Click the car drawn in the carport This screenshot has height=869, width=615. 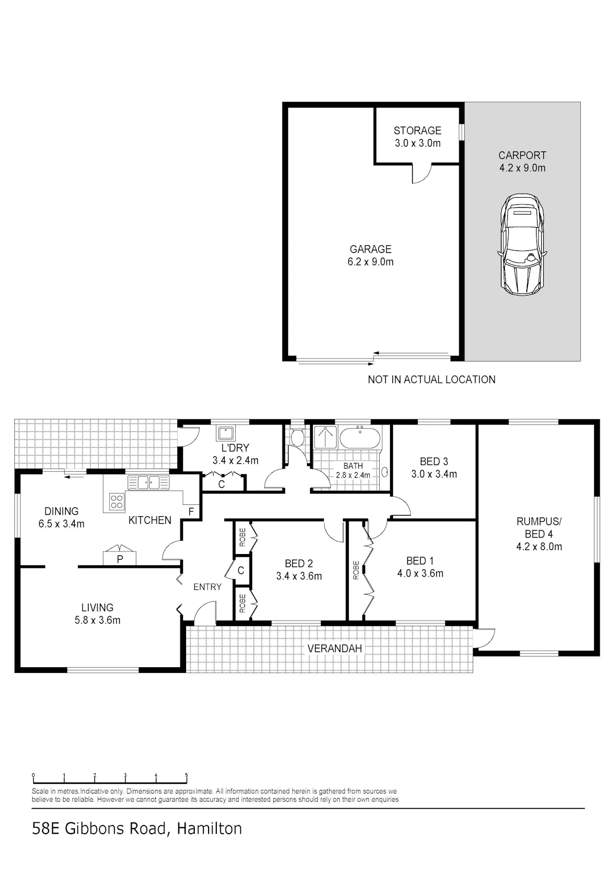click(522, 244)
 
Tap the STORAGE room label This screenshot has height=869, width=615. click(417, 131)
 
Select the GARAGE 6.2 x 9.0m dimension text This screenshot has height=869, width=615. click(371, 262)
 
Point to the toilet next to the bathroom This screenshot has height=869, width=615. click(297, 438)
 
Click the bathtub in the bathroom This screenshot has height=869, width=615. click(360, 438)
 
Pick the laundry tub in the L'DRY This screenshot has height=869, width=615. click(225, 434)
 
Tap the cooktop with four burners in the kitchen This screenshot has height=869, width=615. click(116, 501)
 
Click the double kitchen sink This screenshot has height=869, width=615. click(148, 482)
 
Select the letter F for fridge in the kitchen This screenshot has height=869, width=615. click(191, 512)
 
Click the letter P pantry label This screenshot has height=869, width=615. click(120, 559)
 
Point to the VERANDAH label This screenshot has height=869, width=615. click(335, 648)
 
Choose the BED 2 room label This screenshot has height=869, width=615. click(299, 563)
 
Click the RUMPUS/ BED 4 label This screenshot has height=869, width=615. click(539, 527)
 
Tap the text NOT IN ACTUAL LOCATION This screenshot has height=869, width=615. click(432, 379)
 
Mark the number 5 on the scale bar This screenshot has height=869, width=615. click(187, 775)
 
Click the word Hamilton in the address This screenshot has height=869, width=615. click(209, 829)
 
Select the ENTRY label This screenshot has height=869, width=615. click(207, 587)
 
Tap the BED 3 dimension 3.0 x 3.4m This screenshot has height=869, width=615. click(434, 474)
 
